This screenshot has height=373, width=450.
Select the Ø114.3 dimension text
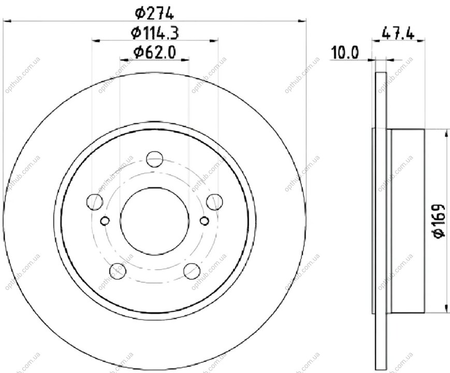tap(155, 33)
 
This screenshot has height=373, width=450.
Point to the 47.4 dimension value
tap(398, 34)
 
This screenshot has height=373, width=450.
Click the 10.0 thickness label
tap(345, 53)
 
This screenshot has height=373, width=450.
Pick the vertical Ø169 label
tap(439, 221)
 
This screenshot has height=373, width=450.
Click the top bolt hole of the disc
tap(155, 159)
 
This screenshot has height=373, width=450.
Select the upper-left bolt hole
tap(95, 202)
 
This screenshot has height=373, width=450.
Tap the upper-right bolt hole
tap(214, 202)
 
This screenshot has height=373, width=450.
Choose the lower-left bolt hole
tap(118, 271)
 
